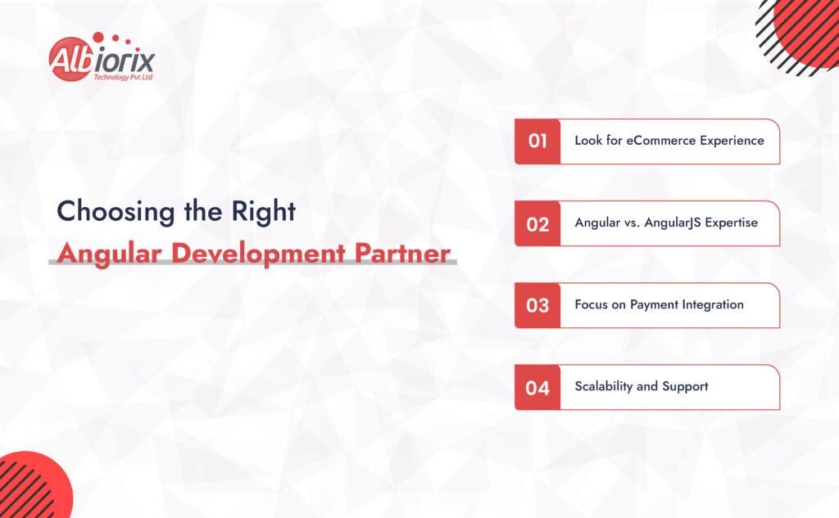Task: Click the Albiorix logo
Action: click(101, 58)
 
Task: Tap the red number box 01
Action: click(537, 142)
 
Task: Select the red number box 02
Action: click(537, 223)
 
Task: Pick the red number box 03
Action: click(537, 305)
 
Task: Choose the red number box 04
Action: click(537, 387)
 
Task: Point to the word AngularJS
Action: click(669, 223)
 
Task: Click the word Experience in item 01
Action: click(734, 140)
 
